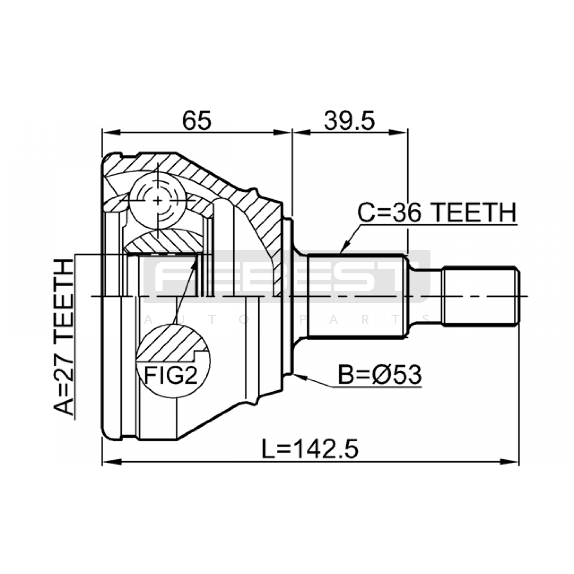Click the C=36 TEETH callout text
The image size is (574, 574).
point(437,212)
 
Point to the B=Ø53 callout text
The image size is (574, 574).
point(380,375)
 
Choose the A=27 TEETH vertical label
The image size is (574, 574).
point(63,338)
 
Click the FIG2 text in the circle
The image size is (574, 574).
point(171,375)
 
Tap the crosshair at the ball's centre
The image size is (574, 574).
point(157,201)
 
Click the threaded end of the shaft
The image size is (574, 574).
point(481,296)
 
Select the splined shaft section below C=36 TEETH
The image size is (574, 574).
point(357,296)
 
